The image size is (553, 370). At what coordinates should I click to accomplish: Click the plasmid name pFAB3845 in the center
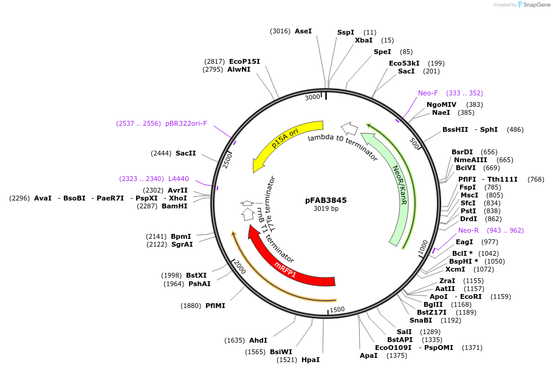tap(326, 199)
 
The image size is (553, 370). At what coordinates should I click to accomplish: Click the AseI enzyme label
tap(303, 30)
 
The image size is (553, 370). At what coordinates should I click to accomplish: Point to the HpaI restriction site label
tap(311, 360)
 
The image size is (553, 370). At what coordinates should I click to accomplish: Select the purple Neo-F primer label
tap(428, 93)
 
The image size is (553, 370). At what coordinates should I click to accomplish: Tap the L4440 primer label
tap(179, 179)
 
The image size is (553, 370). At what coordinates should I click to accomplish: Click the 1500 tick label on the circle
tap(337, 309)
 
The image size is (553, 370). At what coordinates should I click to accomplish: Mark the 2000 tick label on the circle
tap(239, 267)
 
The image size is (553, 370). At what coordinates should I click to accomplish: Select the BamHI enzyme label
tap(174, 206)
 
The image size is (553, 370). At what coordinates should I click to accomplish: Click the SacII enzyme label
tap(185, 153)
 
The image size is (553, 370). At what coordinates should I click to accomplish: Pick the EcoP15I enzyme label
tap(244, 61)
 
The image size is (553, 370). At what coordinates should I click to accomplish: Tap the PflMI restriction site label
tap(215, 306)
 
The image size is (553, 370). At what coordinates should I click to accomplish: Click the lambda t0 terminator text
tap(343, 147)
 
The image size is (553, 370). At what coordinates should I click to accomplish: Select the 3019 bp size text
tap(326, 209)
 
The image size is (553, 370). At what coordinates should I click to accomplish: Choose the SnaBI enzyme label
tap(421, 320)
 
